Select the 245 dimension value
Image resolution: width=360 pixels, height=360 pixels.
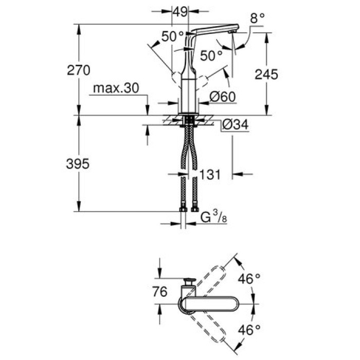coord(266,74)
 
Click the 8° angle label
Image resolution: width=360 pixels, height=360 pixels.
coord(257,17)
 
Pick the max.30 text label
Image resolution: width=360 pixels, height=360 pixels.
coord(116,88)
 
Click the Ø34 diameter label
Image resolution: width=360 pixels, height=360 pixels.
coord(236,124)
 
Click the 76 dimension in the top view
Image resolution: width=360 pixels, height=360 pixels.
coord(160,292)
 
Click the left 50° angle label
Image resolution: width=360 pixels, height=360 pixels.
coord(172,37)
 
